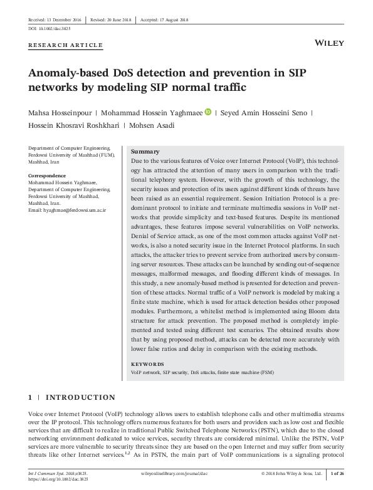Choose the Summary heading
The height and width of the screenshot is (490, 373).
145,152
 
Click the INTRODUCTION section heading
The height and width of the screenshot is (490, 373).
81,397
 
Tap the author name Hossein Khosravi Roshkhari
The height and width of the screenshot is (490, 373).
74,125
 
